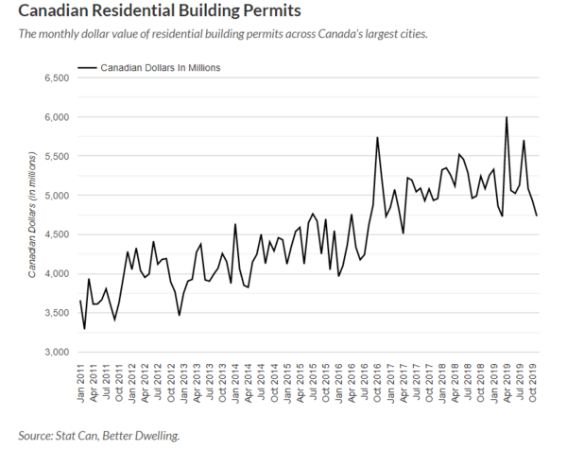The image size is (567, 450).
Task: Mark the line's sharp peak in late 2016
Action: [x=378, y=138]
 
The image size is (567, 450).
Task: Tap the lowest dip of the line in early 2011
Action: [x=84, y=328]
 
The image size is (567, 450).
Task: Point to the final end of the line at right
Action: [x=537, y=216]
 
